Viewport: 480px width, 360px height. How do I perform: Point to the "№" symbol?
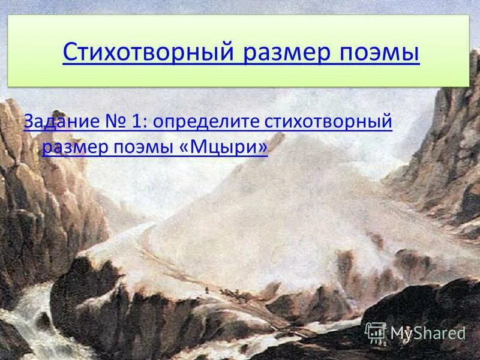(115, 122)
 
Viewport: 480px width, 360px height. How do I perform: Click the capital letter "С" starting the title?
(68, 53)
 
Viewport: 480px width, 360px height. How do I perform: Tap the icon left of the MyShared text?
(375, 332)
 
